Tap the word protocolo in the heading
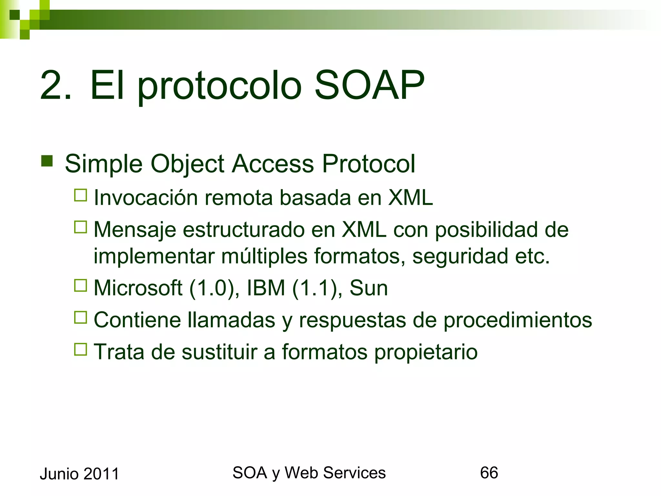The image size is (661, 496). [x=219, y=87]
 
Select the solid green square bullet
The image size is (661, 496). [x=47, y=161]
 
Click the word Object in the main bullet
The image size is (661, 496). [x=187, y=164]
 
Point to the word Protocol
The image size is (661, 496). [x=369, y=164]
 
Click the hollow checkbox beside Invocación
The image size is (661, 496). [x=81, y=195]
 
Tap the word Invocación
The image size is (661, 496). [x=146, y=198]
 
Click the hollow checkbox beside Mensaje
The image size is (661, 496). [x=81, y=227]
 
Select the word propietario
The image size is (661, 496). [x=426, y=352]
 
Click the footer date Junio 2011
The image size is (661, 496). [x=79, y=474]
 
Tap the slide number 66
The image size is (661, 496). [x=489, y=473]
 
